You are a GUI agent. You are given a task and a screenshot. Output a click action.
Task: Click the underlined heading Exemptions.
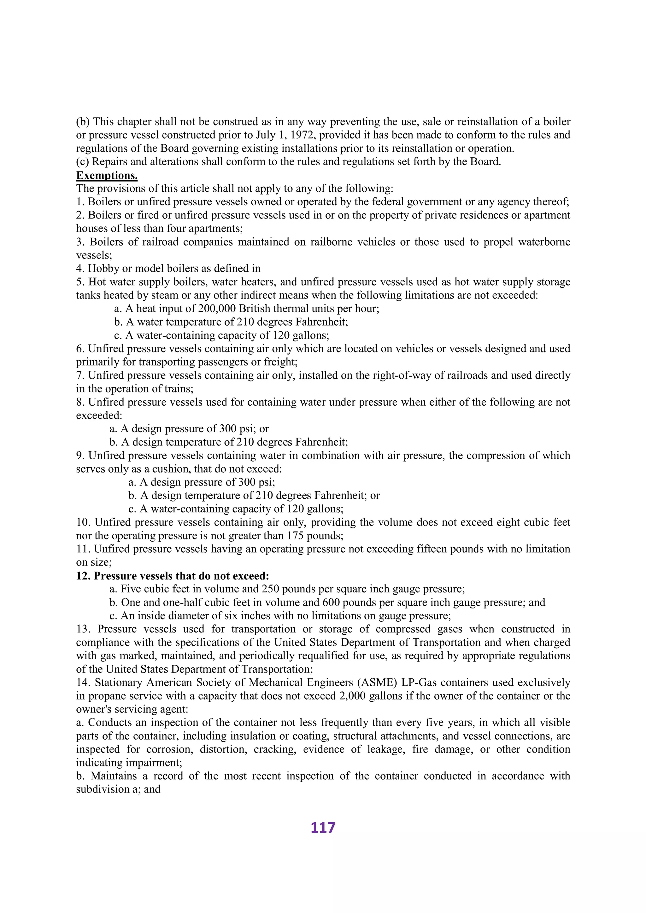107,175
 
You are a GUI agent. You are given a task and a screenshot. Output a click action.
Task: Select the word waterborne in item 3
544,242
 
